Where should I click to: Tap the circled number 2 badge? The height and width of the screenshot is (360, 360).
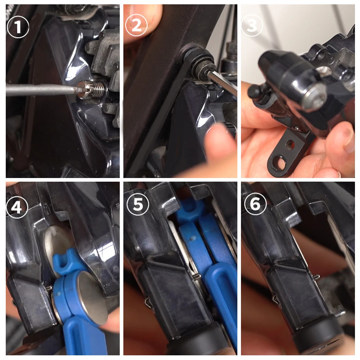coord(136,26)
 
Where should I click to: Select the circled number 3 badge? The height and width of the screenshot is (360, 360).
coord(252,26)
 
